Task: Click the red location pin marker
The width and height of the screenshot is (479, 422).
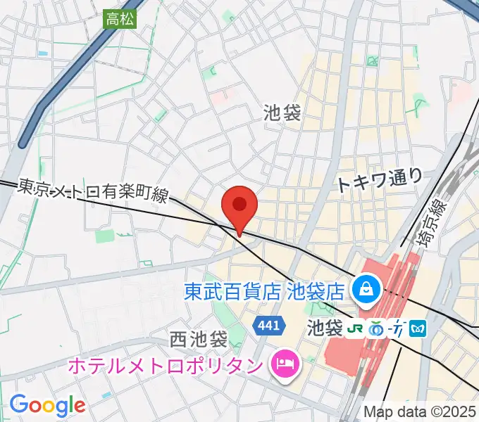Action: click(239, 206)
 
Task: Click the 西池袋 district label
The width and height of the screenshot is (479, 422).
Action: click(199, 340)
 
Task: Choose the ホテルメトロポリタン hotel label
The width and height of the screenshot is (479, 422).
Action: click(167, 366)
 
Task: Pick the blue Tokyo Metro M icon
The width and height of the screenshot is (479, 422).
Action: click(418, 328)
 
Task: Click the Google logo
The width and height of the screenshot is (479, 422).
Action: click(47, 405)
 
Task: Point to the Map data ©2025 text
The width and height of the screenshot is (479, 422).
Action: click(420, 411)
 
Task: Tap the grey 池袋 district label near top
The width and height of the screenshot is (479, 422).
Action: click(282, 113)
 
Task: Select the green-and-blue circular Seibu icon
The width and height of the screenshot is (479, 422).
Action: click(378, 328)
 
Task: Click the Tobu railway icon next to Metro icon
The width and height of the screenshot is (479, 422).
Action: click(398, 328)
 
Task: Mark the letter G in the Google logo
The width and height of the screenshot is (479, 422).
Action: click(19, 404)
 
